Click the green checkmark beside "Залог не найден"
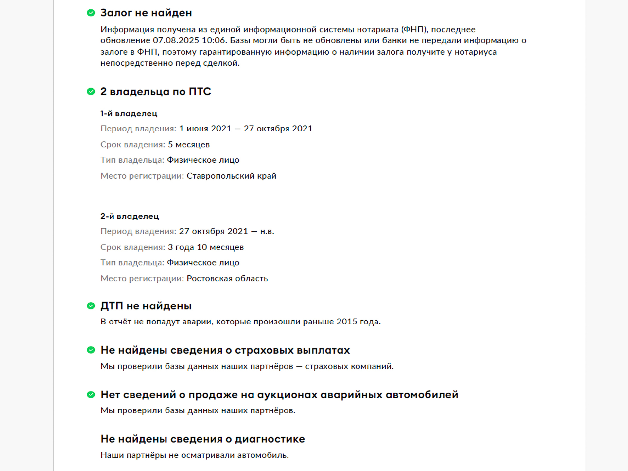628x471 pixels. click(x=91, y=13)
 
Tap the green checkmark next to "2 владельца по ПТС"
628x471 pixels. click(x=91, y=92)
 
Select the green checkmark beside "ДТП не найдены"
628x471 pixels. click(x=91, y=306)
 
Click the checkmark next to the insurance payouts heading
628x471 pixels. click(x=91, y=350)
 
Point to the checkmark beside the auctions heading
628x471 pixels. click(x=91, y=394)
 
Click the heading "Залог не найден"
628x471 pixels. click(x=146, y=13)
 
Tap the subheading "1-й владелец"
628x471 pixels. click(x=129, y=113)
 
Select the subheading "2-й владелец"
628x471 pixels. click(x=130, y=216)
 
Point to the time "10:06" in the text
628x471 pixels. click(x=214, y=40)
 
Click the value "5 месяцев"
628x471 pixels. click(x=189, y=144)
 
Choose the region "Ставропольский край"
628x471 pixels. click(x=231, y=176)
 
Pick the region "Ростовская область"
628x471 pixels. click(x=227, y=278)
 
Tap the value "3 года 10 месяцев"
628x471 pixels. click(x=206, y=247)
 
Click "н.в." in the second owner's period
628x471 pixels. click(x=267, y=231)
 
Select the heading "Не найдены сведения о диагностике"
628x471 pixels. click(x=202, y=439)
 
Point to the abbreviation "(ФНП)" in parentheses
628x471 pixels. click(x=414, y=29)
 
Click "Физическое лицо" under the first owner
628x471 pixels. click(x=203, y=160)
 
